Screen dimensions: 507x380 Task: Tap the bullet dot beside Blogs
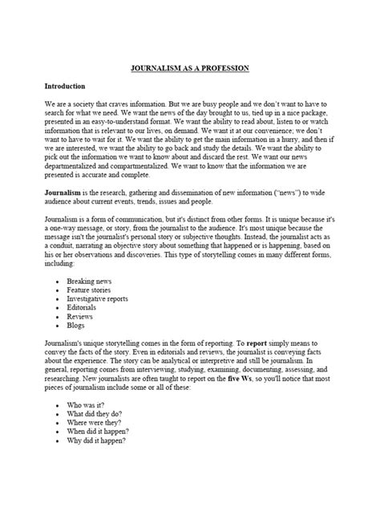(60, 339)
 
